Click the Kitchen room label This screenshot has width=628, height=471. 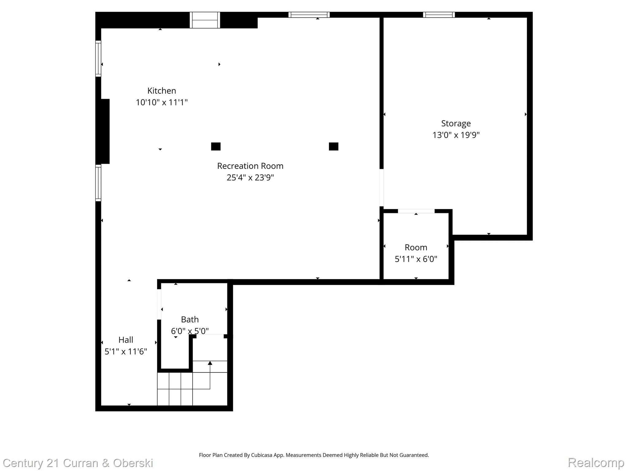(162, 91)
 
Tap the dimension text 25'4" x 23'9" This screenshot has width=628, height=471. (250, 178)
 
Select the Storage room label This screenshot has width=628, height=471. (456, 123)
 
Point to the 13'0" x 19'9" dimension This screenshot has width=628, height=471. (456, 135)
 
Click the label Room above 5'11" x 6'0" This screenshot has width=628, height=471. (415, 247)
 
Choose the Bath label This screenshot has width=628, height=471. (190, 320)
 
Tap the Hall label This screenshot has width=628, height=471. (126, 340)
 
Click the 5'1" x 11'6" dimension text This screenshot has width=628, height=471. (126, 351)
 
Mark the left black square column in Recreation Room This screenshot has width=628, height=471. (216, 147)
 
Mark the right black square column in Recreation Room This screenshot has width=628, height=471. (333, 147)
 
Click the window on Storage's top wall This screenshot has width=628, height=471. (438, 15)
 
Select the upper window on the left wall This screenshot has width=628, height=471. (98, 58)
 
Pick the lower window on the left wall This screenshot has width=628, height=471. (98, 183)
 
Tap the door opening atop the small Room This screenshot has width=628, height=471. (416, 211)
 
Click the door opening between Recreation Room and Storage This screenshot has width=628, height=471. (381, 188)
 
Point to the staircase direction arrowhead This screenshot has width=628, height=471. (210, 363)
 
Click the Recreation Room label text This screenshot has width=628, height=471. (250, 166)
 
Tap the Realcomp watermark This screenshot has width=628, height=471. (595, 462)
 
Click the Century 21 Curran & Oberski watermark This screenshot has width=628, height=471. (78, 463)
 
